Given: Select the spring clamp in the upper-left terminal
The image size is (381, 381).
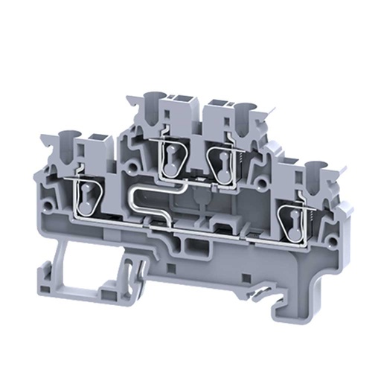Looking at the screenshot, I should click(x=171, y=156).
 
